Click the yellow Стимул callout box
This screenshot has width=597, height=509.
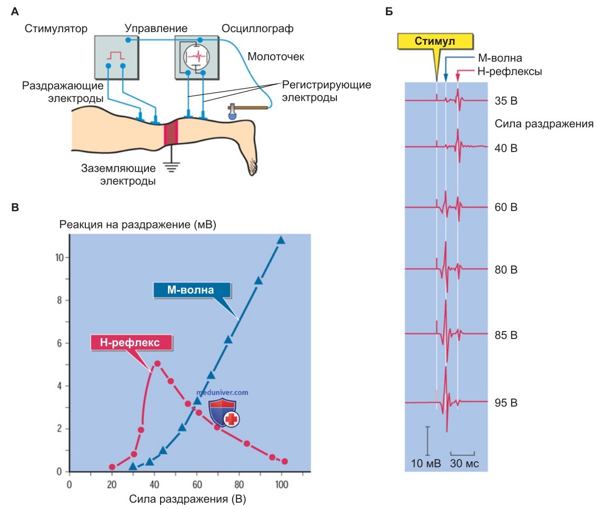pos(435,41)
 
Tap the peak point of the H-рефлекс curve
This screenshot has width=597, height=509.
pos(157,364)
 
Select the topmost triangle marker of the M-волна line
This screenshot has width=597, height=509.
pos(281,240)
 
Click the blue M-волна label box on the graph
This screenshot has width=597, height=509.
pos(192,290)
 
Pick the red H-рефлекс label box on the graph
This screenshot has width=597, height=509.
pos(131,342)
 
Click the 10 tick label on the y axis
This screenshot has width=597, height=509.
pos(59,258)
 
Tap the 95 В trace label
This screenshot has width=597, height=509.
pos(506,403)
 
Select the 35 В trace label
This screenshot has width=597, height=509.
pos(506,101)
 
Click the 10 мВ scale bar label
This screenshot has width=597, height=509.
pos(426,463)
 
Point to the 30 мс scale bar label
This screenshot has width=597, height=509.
pos(464,463)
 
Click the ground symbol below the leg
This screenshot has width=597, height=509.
pos(171,167)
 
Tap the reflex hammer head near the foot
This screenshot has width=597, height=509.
pos(232,113)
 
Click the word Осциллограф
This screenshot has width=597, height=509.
pos(257,28)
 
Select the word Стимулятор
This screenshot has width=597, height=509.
pos(56,28)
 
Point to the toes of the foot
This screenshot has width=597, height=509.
pos(252,166)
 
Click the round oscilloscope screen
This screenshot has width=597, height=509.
pos(196,57)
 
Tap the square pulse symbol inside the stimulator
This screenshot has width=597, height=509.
pos(116,56)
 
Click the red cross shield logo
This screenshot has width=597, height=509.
pos(224,413)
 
